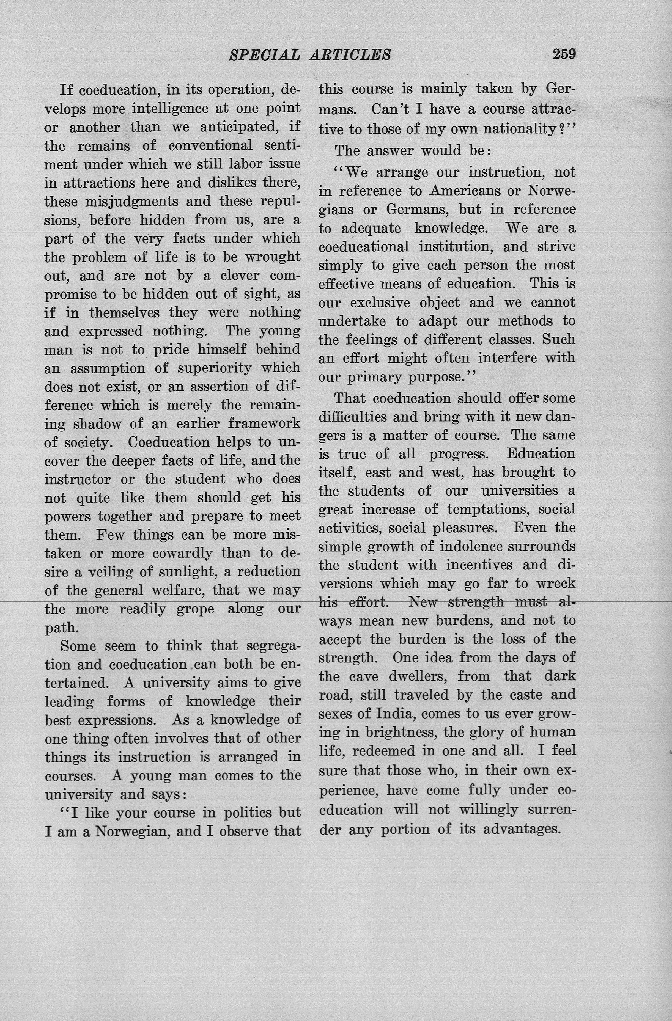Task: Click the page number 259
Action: click(564, 54)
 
